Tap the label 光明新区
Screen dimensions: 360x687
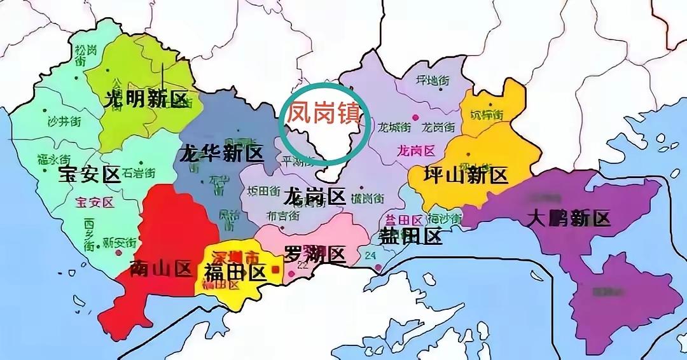147,100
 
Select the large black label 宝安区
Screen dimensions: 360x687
90,175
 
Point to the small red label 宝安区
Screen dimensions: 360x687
94,203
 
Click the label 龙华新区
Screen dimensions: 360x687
221,153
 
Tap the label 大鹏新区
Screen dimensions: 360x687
569,218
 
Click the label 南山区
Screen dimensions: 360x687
160,269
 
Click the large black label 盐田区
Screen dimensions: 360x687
410,237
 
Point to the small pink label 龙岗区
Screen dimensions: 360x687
415,151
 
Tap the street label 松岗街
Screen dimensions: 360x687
81,56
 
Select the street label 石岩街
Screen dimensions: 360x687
138,172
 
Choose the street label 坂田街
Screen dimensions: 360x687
263,191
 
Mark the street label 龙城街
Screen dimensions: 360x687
394,127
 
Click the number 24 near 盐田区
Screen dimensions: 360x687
371,256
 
